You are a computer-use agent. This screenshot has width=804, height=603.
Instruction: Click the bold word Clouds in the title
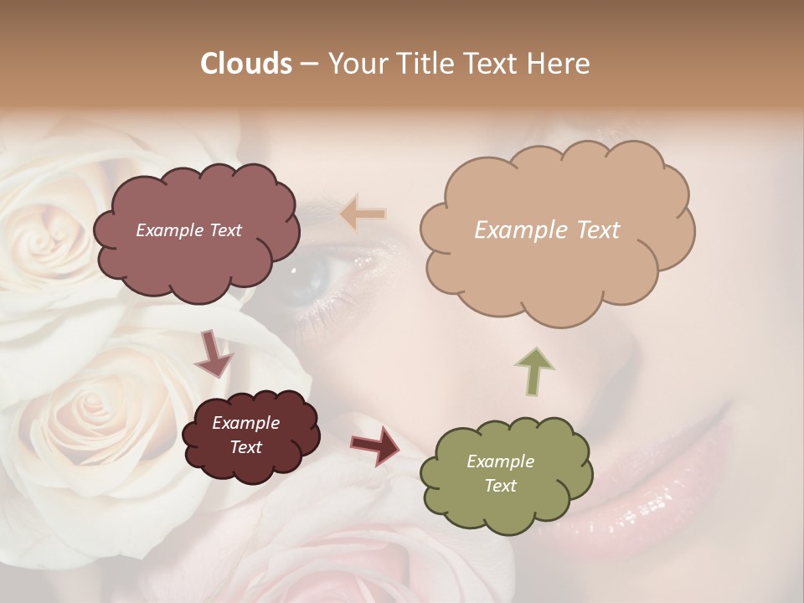pyautogui.click(x=246, y=64)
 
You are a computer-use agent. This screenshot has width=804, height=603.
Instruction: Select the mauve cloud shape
pyautogui.click(x=196, y=230)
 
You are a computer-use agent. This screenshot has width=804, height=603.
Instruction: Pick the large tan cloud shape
pyautogui.click(x=557, y=228)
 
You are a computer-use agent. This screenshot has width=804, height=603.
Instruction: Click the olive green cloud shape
pyautogui.click(x=506, y=473)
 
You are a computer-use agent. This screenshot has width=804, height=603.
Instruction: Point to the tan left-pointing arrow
pyautogui.click(x=363, y=214)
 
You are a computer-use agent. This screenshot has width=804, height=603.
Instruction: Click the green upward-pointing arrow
pyautogui.click(x=533, y=370)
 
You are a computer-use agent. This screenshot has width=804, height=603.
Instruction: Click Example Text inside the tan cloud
pyautogui.click(x=547, y=230)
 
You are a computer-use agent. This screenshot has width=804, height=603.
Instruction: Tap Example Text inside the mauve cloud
pyautogui.click(x=188, y=230)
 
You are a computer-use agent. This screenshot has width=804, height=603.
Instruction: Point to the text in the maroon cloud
pyautogui.click(x=245, y=435)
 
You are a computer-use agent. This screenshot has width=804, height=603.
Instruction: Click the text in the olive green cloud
pyautogui.click(x=500, y=473)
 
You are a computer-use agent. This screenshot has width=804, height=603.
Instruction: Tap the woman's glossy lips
pyautogui.click(x=670, y=502)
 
